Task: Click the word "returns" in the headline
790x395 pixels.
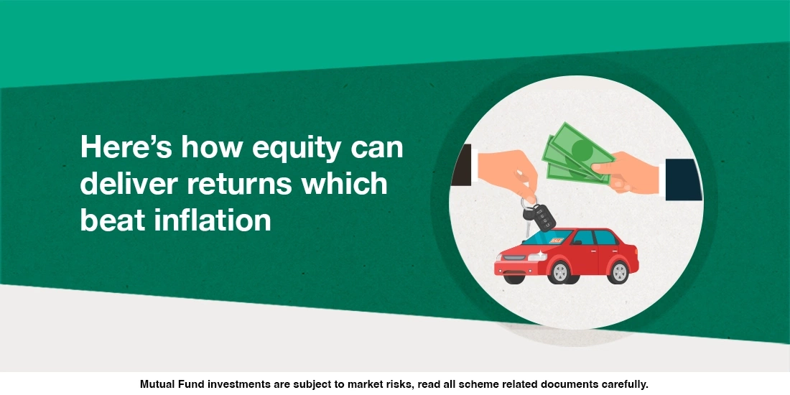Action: point(241,183)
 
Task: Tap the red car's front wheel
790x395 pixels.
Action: point(557,271)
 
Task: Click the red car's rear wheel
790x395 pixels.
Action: point(617,271)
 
